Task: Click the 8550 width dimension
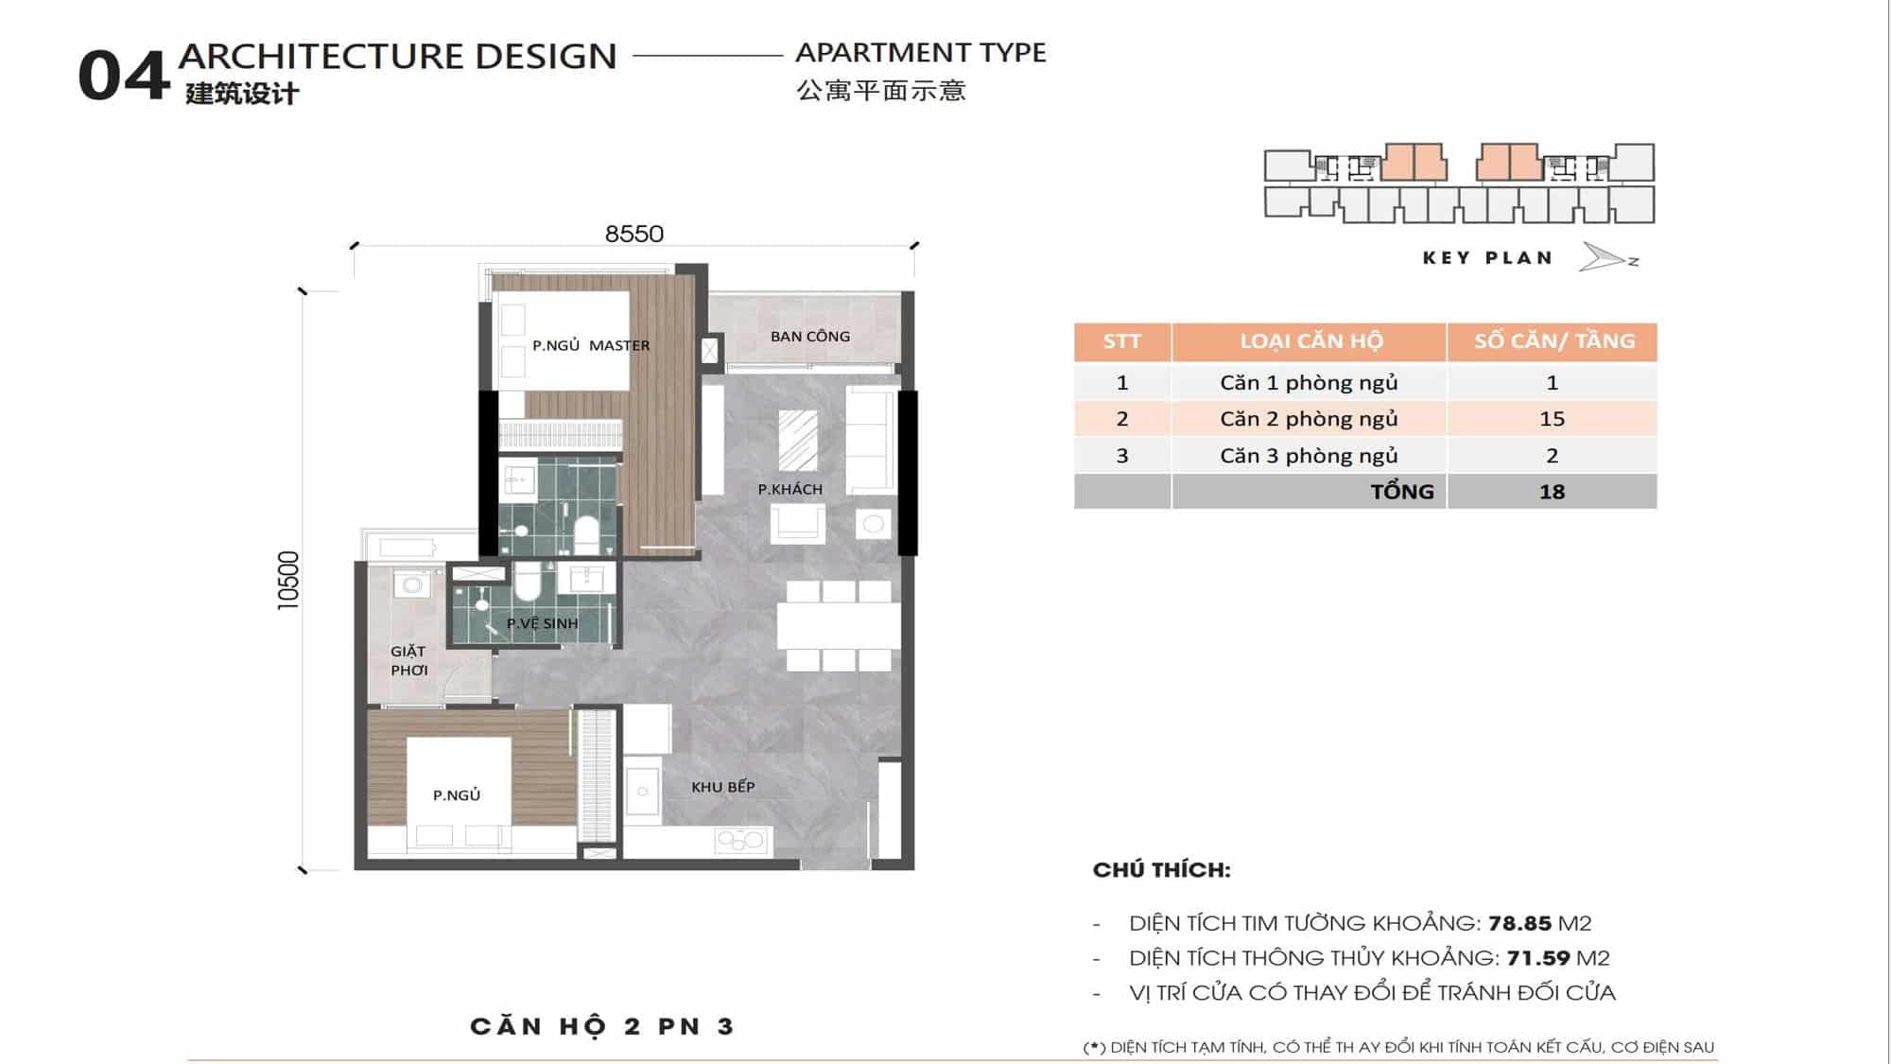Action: pyautogui.click(x=634, y=234)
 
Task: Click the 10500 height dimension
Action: pyautogui.click(x=288, y=580)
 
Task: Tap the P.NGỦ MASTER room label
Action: pyautogui.click(x=591, y=345)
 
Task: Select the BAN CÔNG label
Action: pyautogui.click(x=810, y=336)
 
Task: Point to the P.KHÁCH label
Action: pyautogui.click(x=790, y=489)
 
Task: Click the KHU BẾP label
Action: pyautogui.click(x=723, y=786)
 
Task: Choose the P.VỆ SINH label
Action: pyautogui.click(x=542, y=623)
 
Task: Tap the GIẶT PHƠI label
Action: pyautogui.click(x=409, y=660)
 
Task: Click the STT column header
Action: pyautogui.click(x=1122, y=341)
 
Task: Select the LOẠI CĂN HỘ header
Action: pyautogui.click(x=1311, y=341)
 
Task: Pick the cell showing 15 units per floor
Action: pyautogui.click(x=1552, y=418)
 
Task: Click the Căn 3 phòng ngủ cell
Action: pyautogui.click(x=1309, y=455)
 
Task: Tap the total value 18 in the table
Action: pyautogui.click(x=1552, y=492)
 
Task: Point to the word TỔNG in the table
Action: pyautogui.click(x=1402, y=491)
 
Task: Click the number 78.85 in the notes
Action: pyautogui.click(x=1519, y=923)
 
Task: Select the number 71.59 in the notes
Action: pyautogui.click(x=1538, y=958)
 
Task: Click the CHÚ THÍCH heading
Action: pyautogui.click(x=1162, y=870)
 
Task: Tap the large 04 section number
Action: pyautogui.click(x=123, y=77)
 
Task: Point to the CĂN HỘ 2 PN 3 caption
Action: pyautogui.click(x=602, y=1027)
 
